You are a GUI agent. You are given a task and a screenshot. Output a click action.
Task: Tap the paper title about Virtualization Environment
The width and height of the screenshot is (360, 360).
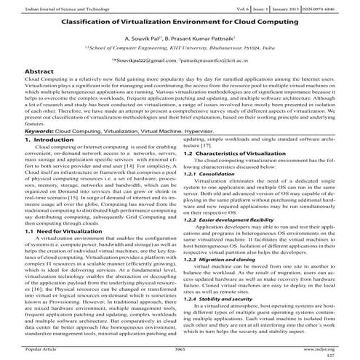point(180,23)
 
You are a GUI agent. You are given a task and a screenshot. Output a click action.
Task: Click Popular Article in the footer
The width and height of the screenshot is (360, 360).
point(41,349)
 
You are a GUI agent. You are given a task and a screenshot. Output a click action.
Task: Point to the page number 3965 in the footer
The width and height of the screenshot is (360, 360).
point(180,349)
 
